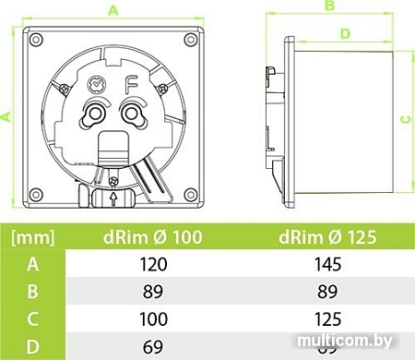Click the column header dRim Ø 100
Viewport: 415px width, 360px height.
(x=154, y=237)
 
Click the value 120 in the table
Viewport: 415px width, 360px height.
(x=154, y=265)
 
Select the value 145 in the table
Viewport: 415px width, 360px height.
(x=326, y=265)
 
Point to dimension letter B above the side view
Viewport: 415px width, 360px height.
(x=327, y=6)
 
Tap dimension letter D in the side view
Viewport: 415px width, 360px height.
(x=344, y=33)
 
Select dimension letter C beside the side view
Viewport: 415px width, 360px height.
(x=404, y=119)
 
